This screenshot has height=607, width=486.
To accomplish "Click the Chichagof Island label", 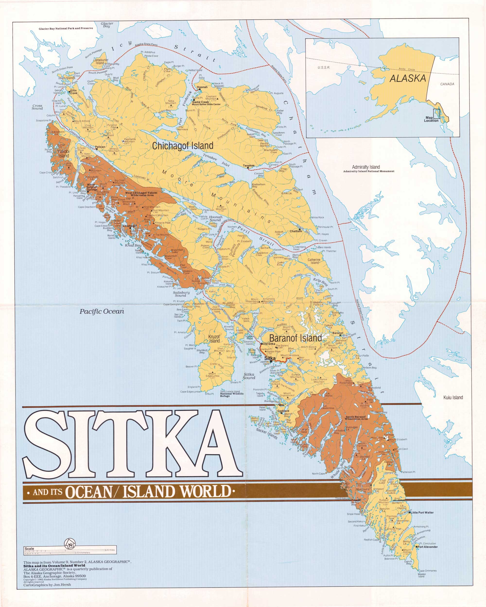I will (182, 146).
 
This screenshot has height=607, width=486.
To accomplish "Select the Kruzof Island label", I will (214, 339).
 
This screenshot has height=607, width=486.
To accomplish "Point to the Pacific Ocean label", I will (102, 311).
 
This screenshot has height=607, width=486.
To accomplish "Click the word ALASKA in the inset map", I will (408, 78).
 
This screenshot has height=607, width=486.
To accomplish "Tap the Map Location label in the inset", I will (431, 119).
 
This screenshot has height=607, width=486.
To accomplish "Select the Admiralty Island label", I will (366, 167).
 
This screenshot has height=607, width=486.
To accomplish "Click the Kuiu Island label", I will (453, 397).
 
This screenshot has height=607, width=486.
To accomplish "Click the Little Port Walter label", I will (422, 512).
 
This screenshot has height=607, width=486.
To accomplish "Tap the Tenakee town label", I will (249, 166).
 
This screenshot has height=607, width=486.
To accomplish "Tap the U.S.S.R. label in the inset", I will (324, 67).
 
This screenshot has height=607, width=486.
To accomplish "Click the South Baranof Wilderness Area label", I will (356, 418).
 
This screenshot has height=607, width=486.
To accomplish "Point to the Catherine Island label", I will (314, 261).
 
